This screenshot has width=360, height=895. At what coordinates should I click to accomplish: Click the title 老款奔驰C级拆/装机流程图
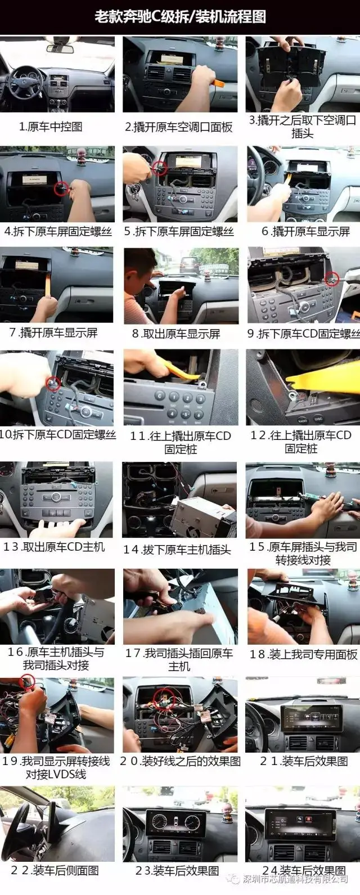coord(180,17)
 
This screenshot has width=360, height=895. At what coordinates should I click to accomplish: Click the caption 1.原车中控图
coord(51,127)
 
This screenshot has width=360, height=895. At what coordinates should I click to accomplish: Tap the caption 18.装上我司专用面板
coord(303,654)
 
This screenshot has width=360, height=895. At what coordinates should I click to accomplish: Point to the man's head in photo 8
coord(137,267)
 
